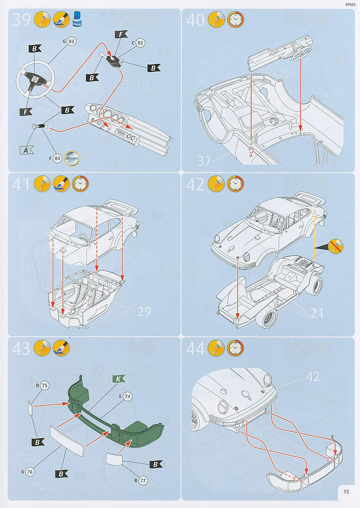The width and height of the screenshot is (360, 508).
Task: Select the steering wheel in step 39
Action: tap(34, 79)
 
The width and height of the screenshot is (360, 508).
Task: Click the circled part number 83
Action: tap(72, 42)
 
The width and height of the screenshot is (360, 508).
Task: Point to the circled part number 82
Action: tap(140, 43)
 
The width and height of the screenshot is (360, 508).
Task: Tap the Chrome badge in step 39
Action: tap(72, 157)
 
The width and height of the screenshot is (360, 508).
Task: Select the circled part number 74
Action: tap(127, 396)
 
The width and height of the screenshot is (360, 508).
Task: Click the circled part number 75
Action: tap(44, 385)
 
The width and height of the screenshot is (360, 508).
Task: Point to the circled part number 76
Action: tap(29, 471)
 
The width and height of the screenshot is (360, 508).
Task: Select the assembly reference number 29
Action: tap(144, 312)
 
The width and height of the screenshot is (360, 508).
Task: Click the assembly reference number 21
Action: tap(316, 312)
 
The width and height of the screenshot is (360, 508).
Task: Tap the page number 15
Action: tap(346, 492)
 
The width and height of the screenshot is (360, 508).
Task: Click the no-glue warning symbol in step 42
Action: tap(336, 247)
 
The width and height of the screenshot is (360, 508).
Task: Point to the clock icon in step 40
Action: tap(235, 19)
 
